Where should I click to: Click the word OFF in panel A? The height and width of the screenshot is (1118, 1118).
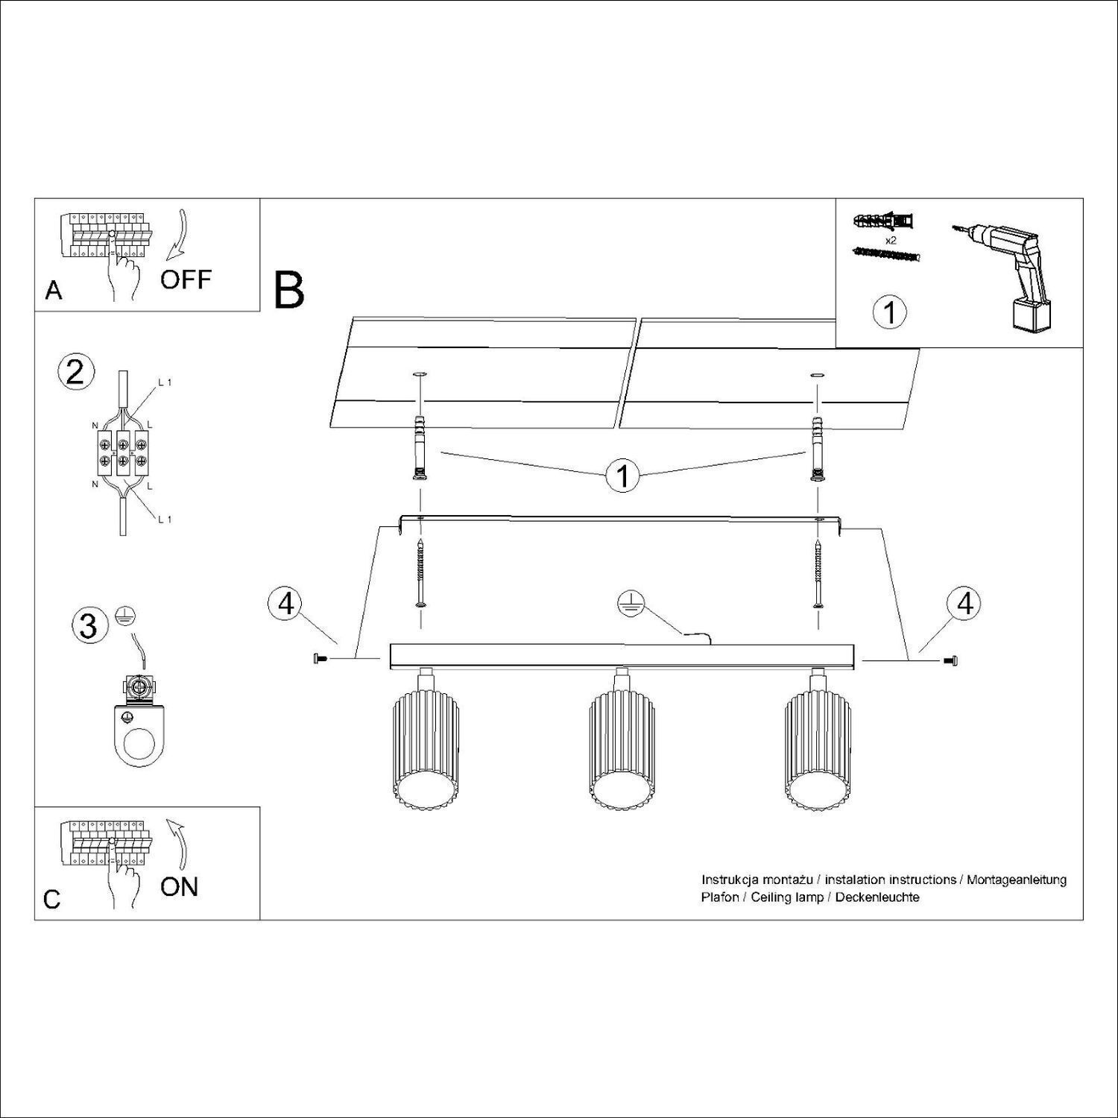point(186,280)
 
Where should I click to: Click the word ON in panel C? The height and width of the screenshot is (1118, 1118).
point(180,886)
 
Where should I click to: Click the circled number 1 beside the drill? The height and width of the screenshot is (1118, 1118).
point(889,312)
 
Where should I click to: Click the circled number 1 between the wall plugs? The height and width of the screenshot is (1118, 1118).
point(622,476)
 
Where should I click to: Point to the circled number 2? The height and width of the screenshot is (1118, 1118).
point(75,372)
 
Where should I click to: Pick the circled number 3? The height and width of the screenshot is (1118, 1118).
point(88,625)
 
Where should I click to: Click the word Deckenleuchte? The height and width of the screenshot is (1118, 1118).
point(877,897)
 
